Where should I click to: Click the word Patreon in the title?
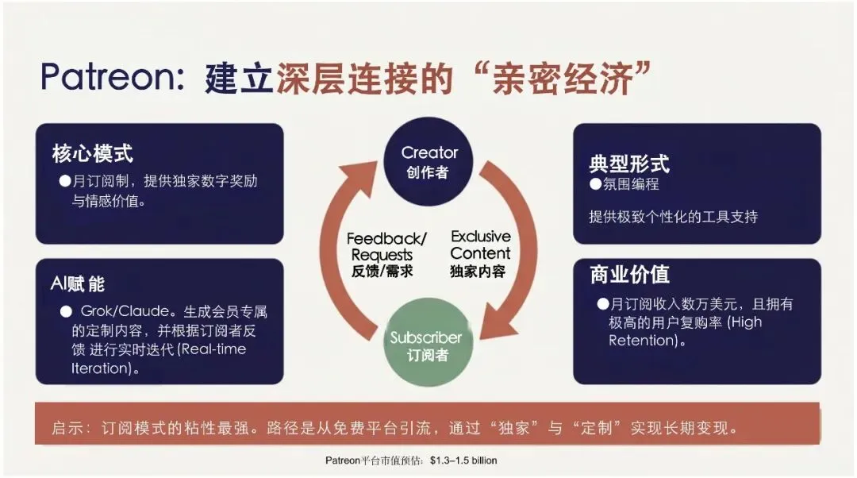click(x=112, y=77)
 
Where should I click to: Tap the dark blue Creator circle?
click(x=429, y=160)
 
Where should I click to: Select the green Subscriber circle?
click(x=425, y=346)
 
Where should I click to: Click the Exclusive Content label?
click(x=481, y=245)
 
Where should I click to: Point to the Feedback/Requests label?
click(x=386, y=247)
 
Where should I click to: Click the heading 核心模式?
click(x=92, y=153)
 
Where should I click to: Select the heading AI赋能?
click(x=78, y=283)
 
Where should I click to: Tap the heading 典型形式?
click(x=629, y=164)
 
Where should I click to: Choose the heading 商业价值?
click(x=629, y=274)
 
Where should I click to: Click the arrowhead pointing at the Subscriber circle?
click(x=494, y=326)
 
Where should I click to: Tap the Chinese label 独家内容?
click(x=478, y=272)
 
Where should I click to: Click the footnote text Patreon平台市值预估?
click(x=374, y=461)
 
